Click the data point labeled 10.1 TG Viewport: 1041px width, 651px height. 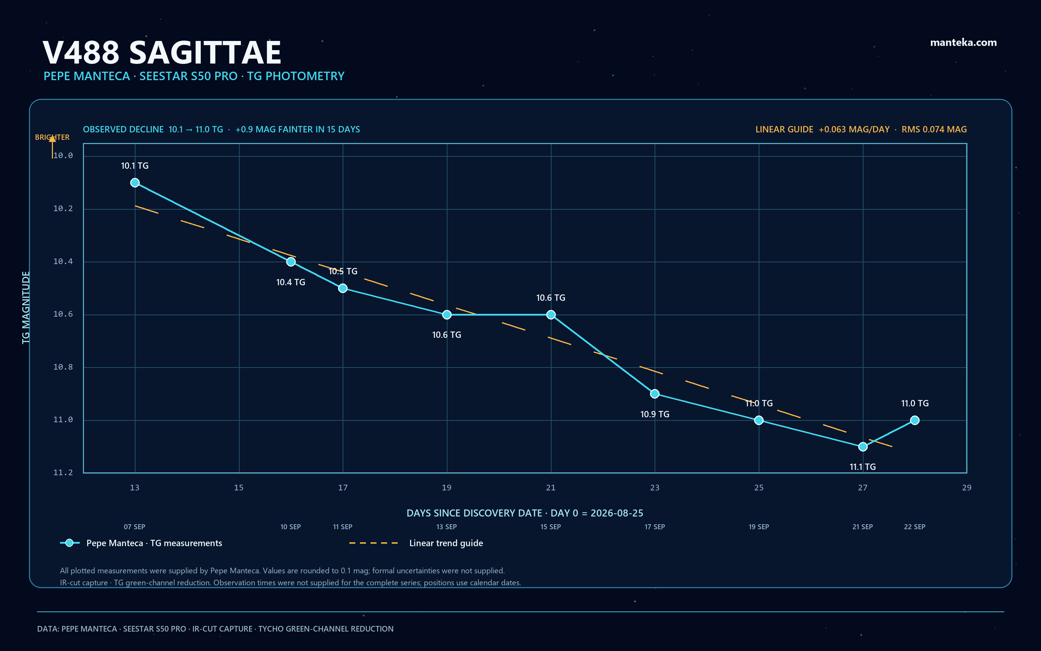pyautogui.click(x=135, y=183)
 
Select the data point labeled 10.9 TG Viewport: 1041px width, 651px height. pyautogui.click(x=655, y=394)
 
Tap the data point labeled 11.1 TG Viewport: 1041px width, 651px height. pyautogui.click(x=862, y=447)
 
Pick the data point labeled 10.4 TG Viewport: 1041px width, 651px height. pyautogui.click(x=291, y=261)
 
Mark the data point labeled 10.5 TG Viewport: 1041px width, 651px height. pyautogui.click(x=343, y=288)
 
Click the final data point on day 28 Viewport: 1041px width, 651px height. pyautogui.click(x=914, y=420)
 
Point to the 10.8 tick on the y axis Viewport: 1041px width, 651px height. pyautogui.click(x=63, y=367)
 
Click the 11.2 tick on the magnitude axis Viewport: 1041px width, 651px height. pyautogui.click(x=63, y=472)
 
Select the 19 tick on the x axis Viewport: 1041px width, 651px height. pyautogui.click(x=447, y=488)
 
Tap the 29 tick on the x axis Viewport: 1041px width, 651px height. pyautogui.click(x=967, y=488)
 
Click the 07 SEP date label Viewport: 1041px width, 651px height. pyautogui.click(x=134, y=527)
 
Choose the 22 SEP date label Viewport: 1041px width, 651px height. pyautogui.click(x=914, y=527)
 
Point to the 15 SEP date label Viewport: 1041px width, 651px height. pyautogui.click(x=550, y=527)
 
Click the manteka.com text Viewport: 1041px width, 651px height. pyautogui.click(x=963, y=42)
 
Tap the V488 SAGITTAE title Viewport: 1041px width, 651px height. pyautogui.click(x=162, y=52)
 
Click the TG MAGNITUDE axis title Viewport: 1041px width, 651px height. pyautogui.click(x=26, y=307)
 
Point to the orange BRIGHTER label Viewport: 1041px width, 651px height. pyautogui.click(x=52, y=137)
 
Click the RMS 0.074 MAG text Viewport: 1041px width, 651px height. pyautogui.click(x=934, y=129)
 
